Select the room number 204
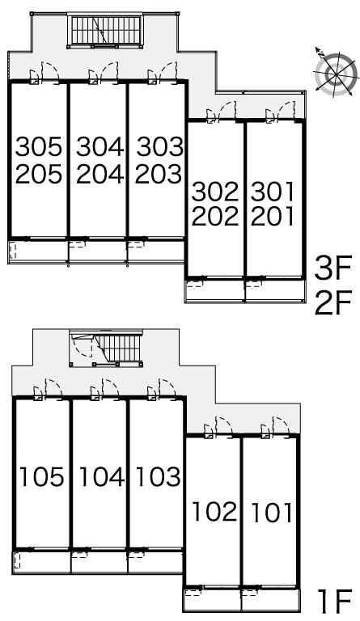(100, 175)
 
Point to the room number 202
(215, 216)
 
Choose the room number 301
(273, 192)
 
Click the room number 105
(41, 476)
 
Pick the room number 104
(102, 476)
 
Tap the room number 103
(159, 476)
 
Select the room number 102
(214, 511)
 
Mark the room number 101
(272, 512)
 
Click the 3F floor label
(332, 268)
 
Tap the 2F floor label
(332, 303)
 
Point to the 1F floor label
(335, 601)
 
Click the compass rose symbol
(336, 74)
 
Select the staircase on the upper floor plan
(105, 31)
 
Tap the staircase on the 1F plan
(106, 348)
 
